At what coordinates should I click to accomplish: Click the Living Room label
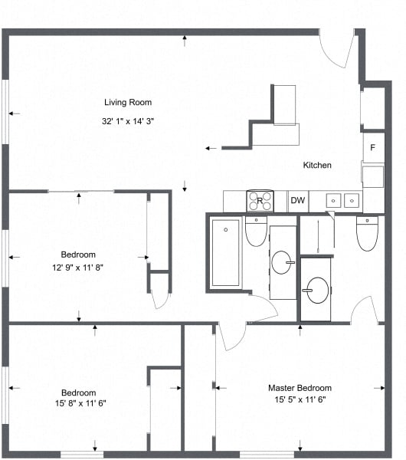click(x=128, y=102)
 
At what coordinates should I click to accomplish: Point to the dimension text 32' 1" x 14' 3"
click(x=128, y=121)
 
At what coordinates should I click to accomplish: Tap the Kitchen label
click(x=317, y=165)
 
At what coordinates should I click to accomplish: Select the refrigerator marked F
click(x=373, y=147)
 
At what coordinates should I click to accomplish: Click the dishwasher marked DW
click(x=297, y=201)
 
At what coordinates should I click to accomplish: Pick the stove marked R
click(x=260, y=201)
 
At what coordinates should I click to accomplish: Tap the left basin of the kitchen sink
click(x=334, y=201)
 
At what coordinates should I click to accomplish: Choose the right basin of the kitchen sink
click(x=352, y=201)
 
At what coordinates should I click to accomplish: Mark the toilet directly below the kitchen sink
click(x=368, y=233)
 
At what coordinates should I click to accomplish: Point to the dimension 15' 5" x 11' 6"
click(x=300, y=400)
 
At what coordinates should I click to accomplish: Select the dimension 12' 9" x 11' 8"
click(x=77, y=267)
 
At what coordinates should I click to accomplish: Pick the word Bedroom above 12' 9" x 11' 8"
click(x=77, y=255)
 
